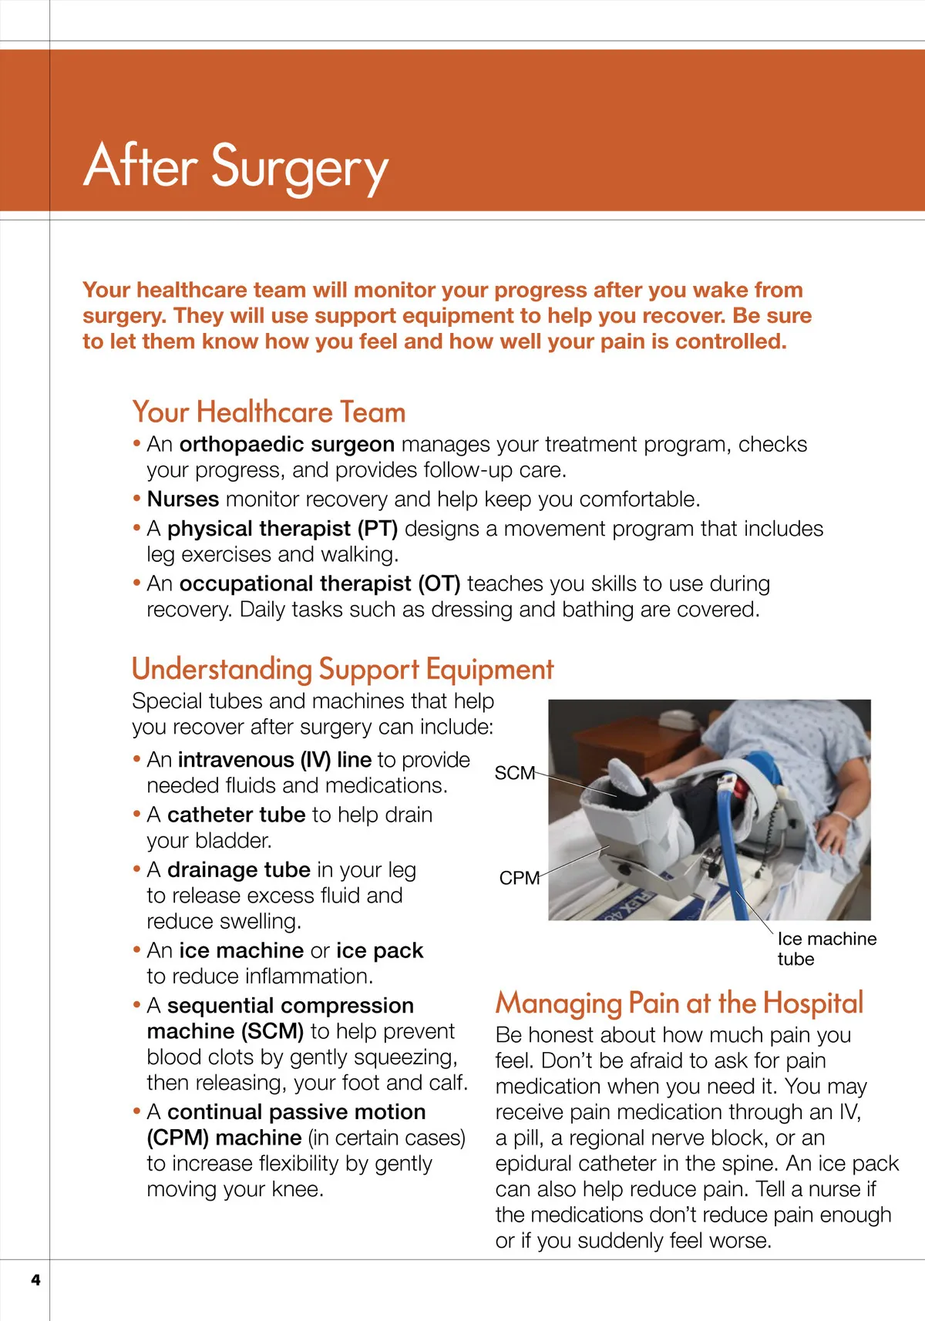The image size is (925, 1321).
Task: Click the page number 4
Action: (35, 1280)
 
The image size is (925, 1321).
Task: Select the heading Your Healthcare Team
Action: (268, 412)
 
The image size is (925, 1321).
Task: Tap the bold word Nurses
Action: (183, 499)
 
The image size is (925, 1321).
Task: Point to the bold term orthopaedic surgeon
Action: (287, 445)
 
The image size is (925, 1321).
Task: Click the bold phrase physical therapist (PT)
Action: (282, 529)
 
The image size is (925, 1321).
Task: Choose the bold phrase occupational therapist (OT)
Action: (319, 583)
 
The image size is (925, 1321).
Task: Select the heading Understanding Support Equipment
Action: (342, 669)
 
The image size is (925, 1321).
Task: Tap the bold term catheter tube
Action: (236, 815)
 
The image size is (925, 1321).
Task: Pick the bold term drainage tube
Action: (238, 870)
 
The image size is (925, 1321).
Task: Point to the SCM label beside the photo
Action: (514, 773)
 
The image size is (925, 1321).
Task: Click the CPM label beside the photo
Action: (519, 878)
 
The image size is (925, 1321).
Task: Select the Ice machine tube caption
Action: (826, 949)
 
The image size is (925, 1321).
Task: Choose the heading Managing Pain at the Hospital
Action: (679, 1003)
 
